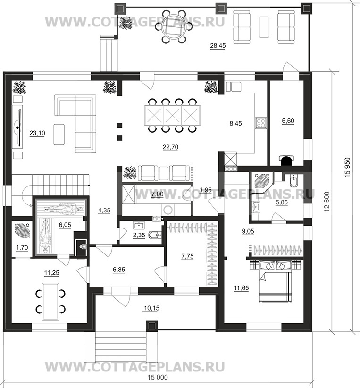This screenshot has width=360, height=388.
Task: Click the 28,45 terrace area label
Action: (x=218, y=45)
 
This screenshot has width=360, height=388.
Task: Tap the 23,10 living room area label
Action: (x=37, y=133)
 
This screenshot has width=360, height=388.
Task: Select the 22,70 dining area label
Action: (x=170, y=147)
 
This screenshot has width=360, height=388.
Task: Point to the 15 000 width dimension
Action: (x=158, y=377)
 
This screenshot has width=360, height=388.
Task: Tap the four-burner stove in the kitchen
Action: (x=261, y=123)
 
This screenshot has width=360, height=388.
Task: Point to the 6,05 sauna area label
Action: (x=65, y=225)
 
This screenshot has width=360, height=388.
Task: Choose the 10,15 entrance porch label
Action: (x=151, y=308)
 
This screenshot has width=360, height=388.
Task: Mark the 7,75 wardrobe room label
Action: (x=187, y=256)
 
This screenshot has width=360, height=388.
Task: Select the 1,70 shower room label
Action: (x=22, y=247)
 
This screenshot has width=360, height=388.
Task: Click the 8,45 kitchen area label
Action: (x=235, y=124)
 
